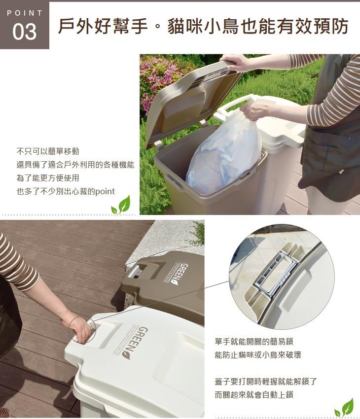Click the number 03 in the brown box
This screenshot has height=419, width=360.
tap(24, 32)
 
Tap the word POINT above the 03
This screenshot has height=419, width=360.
tap(25, 13)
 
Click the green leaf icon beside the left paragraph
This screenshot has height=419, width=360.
tap(121, 205)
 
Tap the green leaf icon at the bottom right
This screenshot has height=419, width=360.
tap(344, 407)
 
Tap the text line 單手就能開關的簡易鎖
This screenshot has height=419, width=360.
tap(254, 341)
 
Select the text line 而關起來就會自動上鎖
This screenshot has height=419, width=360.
tap(254, 394)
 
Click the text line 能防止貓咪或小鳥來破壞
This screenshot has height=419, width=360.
tap(258, 354)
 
